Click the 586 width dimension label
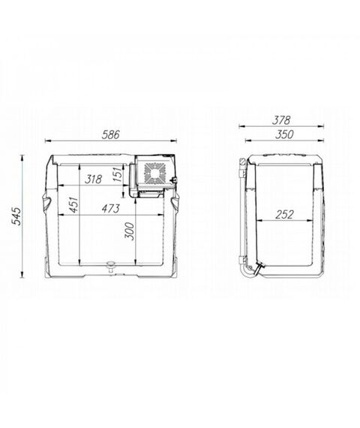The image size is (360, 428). pyautogui.click(x=111, y=135)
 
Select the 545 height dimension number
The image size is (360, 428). pyautogui.click(x=17, y=216)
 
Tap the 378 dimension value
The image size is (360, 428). pyautogui.click(x=281, y=120)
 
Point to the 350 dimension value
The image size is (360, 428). pyautogui.click(x=284, y=134)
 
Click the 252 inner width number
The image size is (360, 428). pyautogui.click(x=284, y=215)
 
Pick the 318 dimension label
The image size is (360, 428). pyautogui.click(x=93, y=179)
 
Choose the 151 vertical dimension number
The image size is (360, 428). pyautogui.click(x=117, y=174)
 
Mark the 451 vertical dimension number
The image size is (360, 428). pyautogui.click(x=73, y=204)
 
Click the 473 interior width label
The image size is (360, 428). pyautogui.click(x=111, y=209)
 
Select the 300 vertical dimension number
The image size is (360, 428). pyautogui.click(x=129, y=231)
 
